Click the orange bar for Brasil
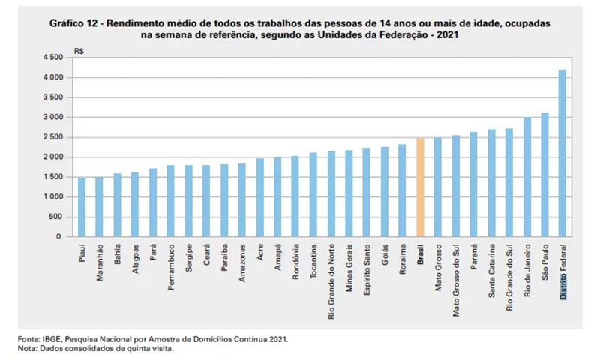tap(420, 187)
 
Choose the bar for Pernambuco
tap(170, 201)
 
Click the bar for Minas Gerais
tap(349, 193)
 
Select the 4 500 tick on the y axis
tap(53, 58)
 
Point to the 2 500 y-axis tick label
tap(53, 137)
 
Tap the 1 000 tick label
tap(53, 196)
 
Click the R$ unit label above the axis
tap(79, 50)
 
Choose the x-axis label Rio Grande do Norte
tap(331, 281)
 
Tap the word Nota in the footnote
tap(27, 349)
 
